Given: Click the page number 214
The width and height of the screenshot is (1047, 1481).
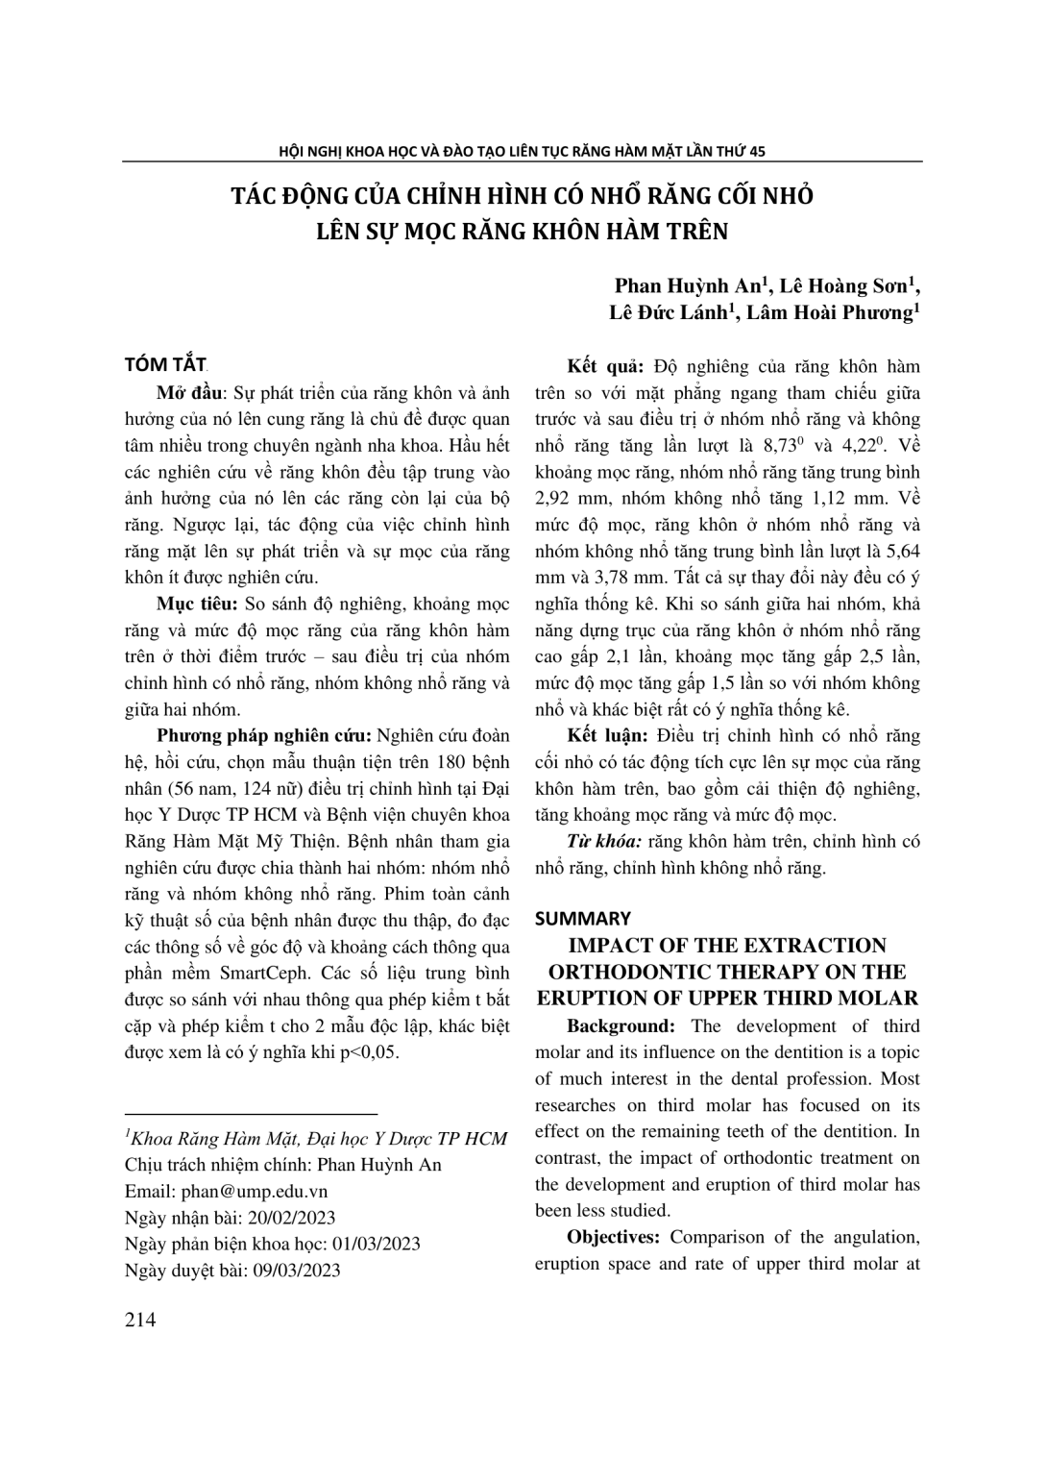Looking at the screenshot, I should [140, 1320].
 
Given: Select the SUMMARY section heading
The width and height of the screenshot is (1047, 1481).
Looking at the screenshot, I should [583, 918].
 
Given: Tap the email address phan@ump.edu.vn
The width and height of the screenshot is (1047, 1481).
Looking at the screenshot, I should [253, 1190].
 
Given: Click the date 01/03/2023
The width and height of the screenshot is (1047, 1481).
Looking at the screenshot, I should [375, 1244].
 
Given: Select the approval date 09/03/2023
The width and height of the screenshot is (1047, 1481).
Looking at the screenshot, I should [296, 1270].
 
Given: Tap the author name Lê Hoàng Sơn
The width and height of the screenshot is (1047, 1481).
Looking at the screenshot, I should [841, 285].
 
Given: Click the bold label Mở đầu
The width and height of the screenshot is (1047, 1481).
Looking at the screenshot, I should [189, 393].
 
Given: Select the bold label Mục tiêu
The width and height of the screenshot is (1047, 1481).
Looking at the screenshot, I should [197, 605].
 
